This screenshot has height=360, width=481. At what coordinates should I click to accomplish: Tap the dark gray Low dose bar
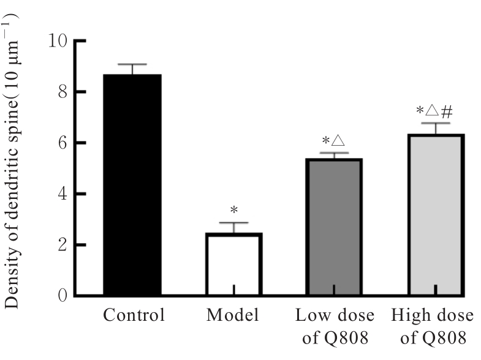point(333,227)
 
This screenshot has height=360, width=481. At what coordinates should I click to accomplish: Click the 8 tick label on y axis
point(63,92)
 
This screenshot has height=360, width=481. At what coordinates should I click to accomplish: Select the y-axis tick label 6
point(63,143)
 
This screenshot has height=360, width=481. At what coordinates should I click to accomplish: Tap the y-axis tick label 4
point(63,194)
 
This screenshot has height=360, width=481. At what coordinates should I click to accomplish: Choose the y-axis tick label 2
point(63,245)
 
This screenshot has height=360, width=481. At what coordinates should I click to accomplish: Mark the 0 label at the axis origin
point(63,296)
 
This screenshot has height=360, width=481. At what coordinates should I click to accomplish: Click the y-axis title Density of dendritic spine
point(13,160)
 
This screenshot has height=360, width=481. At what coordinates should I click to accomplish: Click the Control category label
point(134,316)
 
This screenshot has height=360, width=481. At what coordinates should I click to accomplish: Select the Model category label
point(233,316)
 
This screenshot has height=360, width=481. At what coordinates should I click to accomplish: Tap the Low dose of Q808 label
point(334,326)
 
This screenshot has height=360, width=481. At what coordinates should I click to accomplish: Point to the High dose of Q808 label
point(433,326)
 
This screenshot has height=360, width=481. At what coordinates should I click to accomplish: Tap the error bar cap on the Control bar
point(132,64)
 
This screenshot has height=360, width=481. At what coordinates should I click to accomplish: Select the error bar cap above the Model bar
point(233,223)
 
